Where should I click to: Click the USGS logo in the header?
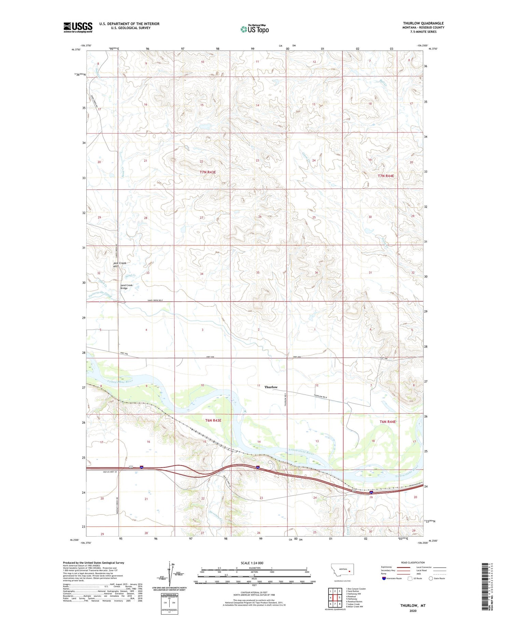click(x=78, y=27)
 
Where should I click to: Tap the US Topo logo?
click(x=254, y=29)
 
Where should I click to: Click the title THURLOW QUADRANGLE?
click(x=423, y=23)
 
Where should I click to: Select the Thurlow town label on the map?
click(x=271, y=387)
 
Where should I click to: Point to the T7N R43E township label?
click(x=208, y=172)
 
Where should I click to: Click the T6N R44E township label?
click(x=388, y=422)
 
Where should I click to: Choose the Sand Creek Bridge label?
click(x=126, y=287)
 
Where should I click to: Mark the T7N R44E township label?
click(x=386, y=176)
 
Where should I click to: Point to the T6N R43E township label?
click(x=213, y=420)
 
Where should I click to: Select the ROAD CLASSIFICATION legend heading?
click(x=413, y=562)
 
